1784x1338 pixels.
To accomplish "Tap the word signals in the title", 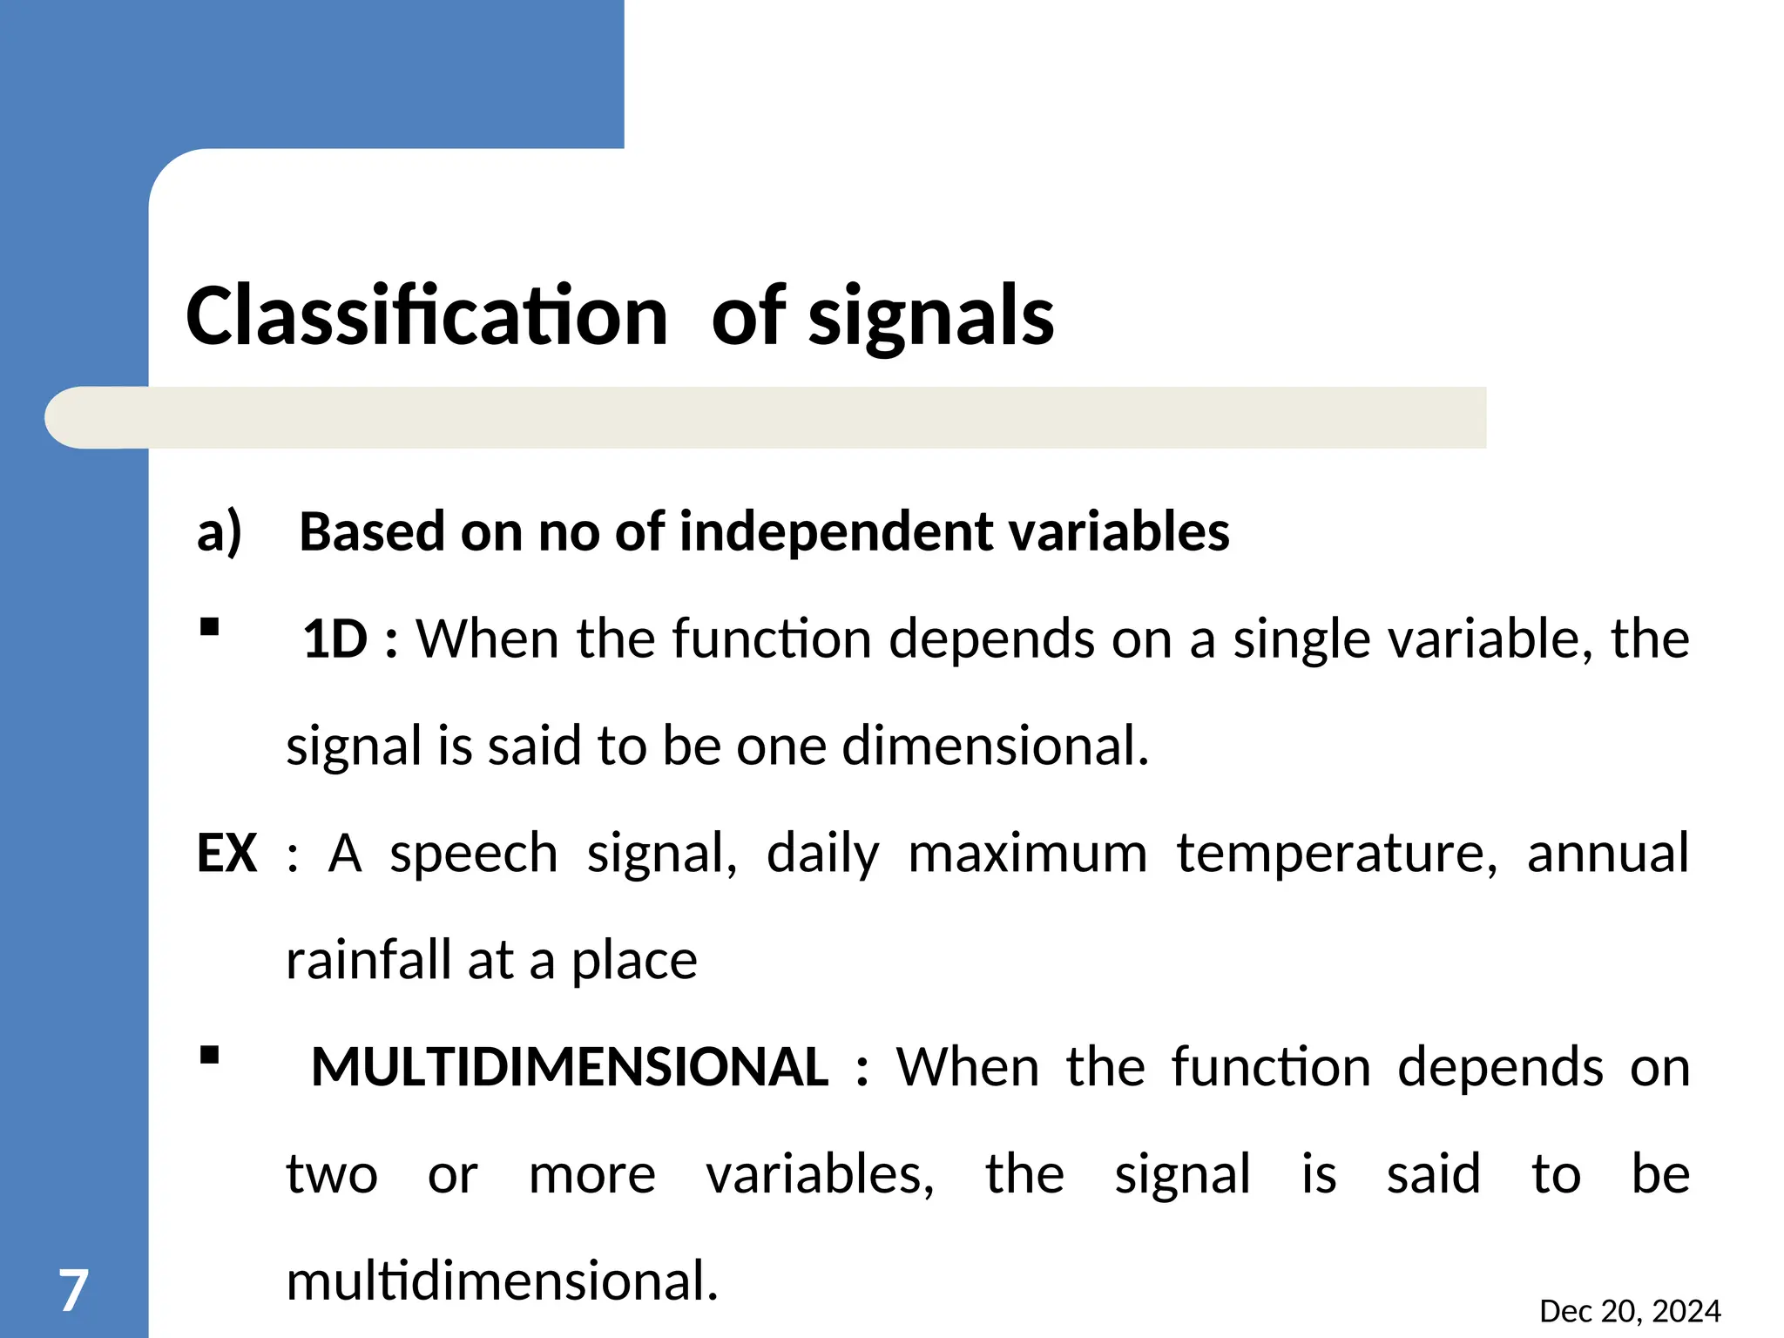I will point(931,318).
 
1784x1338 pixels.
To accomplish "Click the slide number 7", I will point(73,1290).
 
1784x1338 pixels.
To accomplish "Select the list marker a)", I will point(219,532).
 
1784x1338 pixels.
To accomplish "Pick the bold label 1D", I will point(335,639).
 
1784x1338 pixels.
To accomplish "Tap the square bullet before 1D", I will point(209,627).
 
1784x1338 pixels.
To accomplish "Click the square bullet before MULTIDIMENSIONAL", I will point(209,1056).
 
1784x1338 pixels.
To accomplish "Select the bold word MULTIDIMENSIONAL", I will point(570,1067).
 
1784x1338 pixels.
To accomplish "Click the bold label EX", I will point(226,853).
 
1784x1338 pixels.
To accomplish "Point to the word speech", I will point(473,853).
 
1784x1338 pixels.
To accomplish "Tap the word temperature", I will point(1336,853).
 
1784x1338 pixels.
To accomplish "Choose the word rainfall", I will point(368,960).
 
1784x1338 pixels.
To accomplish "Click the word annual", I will point(1607,853).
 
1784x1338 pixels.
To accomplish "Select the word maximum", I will point(1027,853).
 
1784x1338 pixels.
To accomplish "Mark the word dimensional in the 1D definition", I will point(995,746).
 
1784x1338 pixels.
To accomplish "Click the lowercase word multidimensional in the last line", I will point(502,1281).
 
